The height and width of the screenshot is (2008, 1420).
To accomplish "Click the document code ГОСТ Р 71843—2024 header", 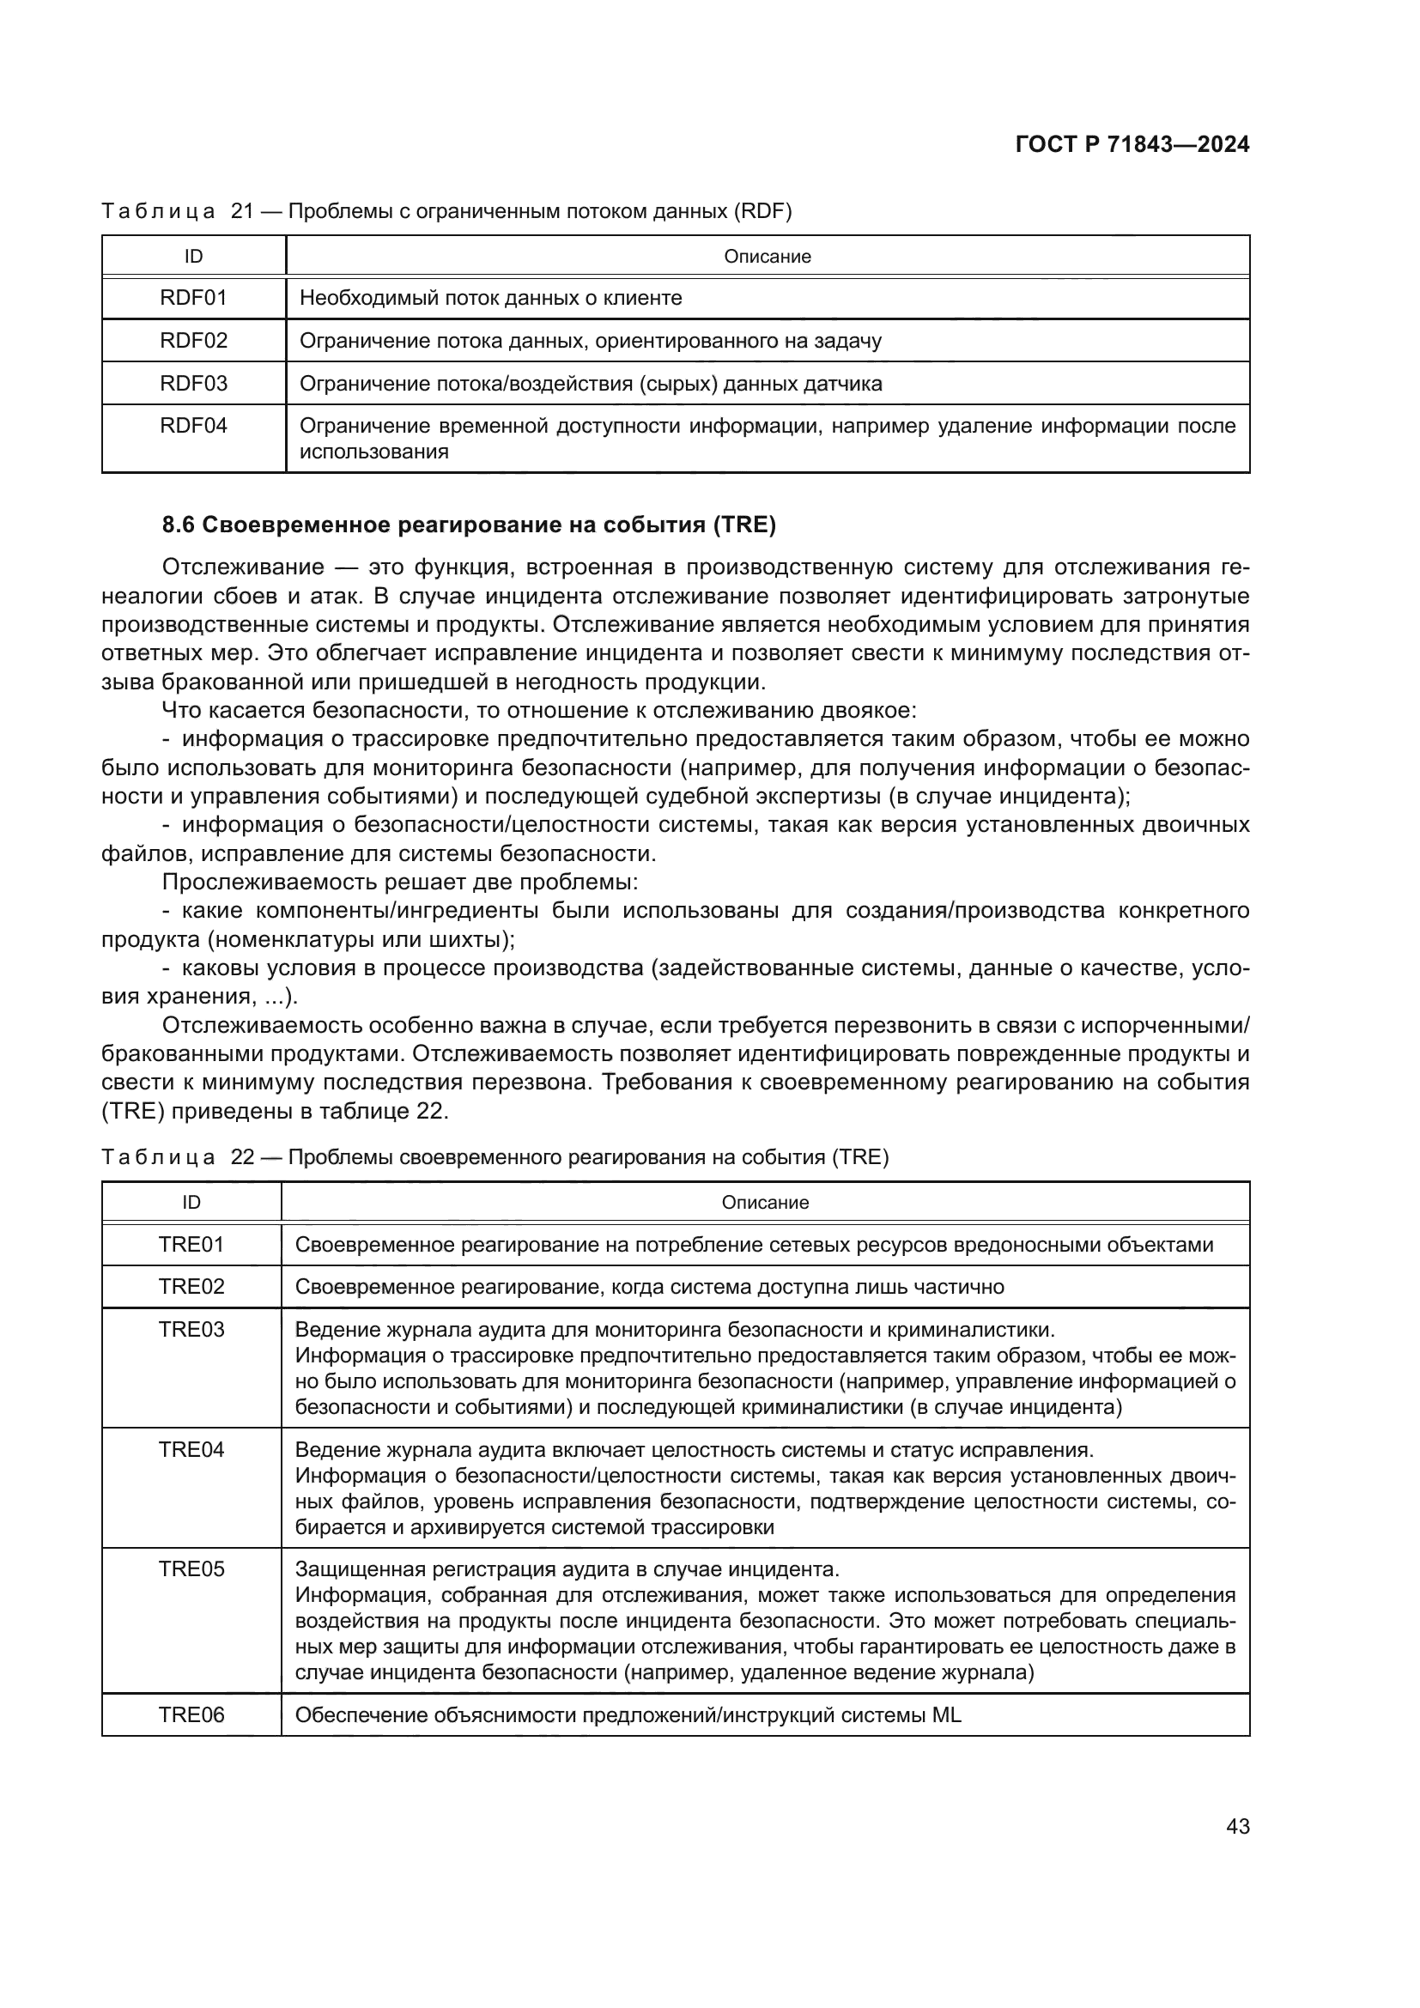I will click(x=1132, y=144).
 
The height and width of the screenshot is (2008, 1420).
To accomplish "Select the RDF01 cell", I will click(x=193, y=298).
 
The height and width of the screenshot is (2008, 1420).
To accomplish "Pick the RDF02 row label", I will click(x=193, y=340).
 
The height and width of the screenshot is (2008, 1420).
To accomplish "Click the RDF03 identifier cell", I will click(x=193, y=383).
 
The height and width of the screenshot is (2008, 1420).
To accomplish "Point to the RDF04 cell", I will click(x=193, y=426).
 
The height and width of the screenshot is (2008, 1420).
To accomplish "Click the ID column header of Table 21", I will click(x=193, y=256).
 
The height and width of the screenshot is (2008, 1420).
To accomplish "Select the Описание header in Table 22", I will click(x=765, y=1203).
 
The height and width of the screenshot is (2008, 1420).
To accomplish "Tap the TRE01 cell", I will click(x=191, y=1245).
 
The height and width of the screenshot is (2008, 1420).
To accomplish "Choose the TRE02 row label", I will click(x=191, y=1287).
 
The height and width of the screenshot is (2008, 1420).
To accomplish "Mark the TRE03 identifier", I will click(x=191, y=1329).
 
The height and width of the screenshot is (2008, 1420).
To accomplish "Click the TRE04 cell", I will click(x=191, y=1449).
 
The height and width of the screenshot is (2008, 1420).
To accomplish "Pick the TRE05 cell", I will click(x=191, y=1569).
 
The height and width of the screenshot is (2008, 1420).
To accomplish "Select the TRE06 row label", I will click(x=191, y=1715).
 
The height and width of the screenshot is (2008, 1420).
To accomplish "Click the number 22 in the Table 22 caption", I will click(x=241, y=1158).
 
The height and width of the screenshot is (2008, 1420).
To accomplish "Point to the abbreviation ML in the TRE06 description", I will click(x=946, y=1715).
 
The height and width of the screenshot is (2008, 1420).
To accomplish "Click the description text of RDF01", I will click(x=490, y=298).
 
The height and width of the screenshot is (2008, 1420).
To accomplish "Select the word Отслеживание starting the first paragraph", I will click(x=243, y=567).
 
